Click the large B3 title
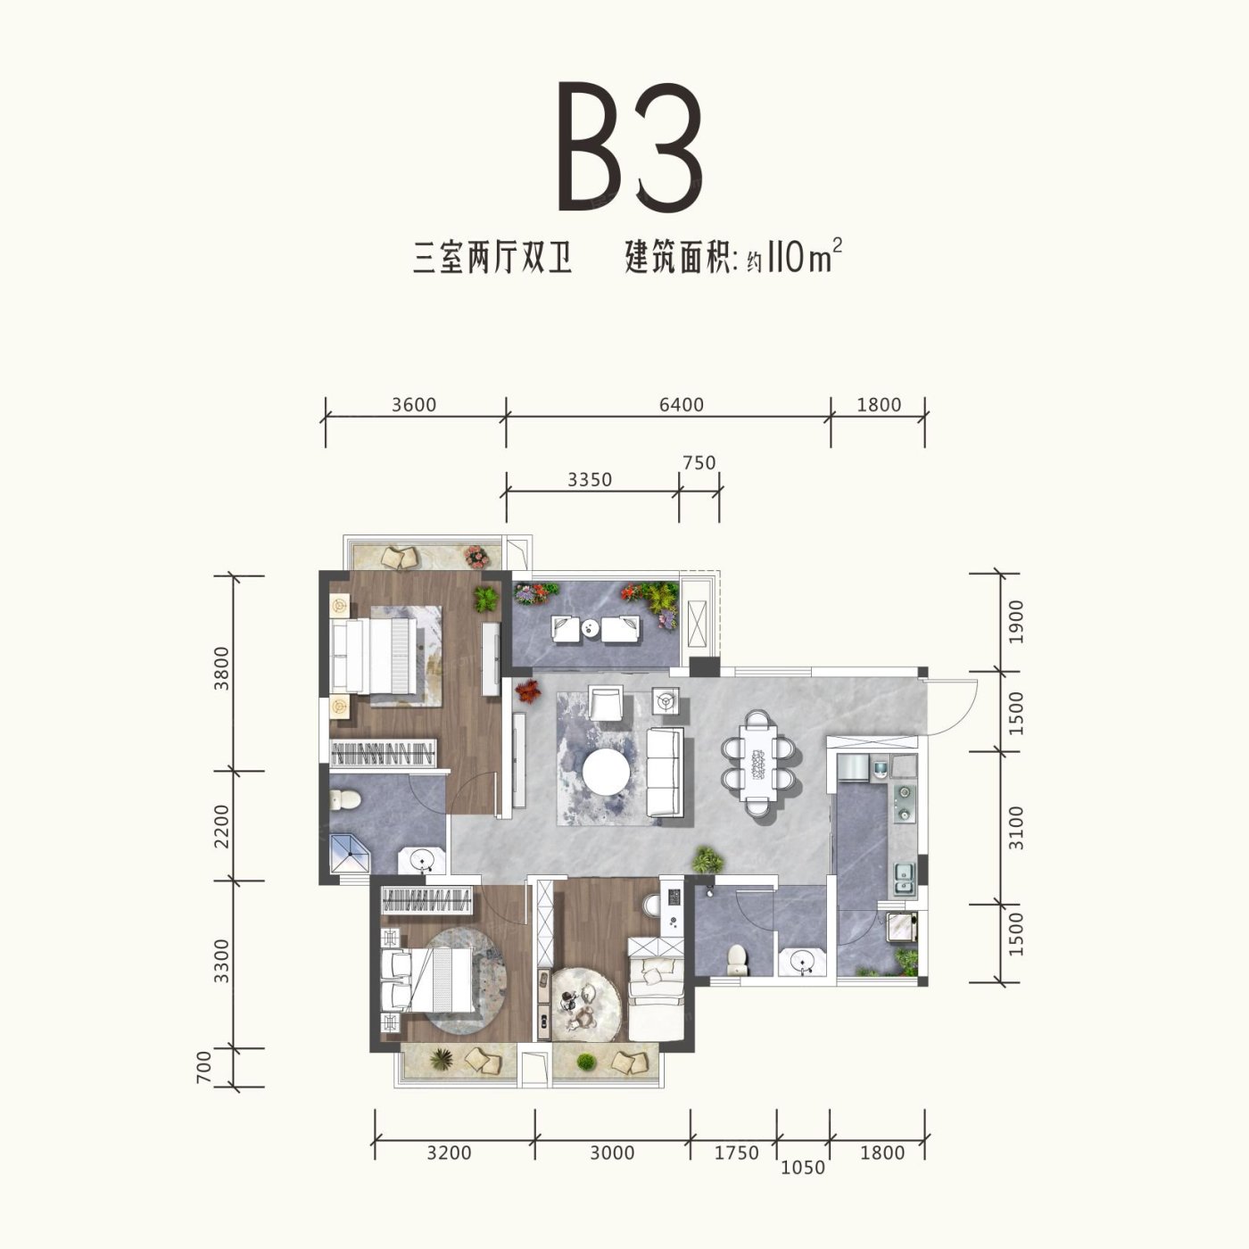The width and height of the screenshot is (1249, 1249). coord(630,147)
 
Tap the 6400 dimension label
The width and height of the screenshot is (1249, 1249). coord(682,405)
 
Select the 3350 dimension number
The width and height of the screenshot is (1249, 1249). coord(590,480)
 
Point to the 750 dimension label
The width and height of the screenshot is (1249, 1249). coord(699,463)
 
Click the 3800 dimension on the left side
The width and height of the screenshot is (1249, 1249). coord(221,668)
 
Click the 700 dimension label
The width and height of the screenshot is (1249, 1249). coord(203,1067)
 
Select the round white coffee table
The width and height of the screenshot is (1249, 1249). coord(606,772)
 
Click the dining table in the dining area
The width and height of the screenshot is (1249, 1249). coord(759,762)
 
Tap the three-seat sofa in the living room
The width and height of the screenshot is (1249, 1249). coord(666,772)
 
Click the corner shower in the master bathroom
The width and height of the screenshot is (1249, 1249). coord(350,855)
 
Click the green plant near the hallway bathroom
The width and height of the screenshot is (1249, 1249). coord(707,859)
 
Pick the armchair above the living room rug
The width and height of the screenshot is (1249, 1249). coord(606,703)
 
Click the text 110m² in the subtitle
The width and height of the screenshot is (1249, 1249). coord(805,256)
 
